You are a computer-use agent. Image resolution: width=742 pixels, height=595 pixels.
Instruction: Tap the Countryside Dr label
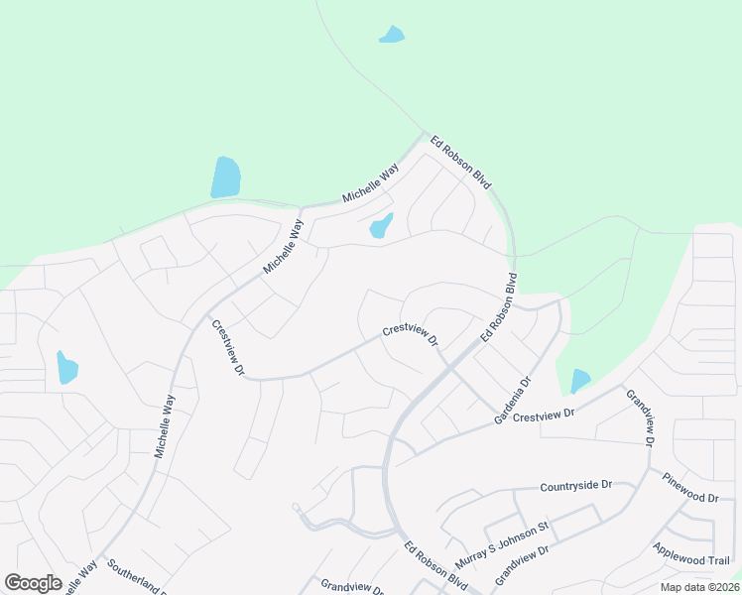coord(576,486)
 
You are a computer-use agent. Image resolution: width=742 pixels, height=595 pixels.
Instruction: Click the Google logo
coord(33,583)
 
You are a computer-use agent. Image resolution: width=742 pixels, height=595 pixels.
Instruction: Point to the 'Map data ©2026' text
coord(698,587)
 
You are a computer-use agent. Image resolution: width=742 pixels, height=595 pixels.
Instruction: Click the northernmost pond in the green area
coord(392,35)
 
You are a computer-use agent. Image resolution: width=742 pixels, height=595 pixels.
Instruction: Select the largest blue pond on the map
coord(225,178)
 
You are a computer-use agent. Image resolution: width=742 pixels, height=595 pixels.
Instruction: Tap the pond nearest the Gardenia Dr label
coord(580,380)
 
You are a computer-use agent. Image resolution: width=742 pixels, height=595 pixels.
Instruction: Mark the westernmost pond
coord(66,367)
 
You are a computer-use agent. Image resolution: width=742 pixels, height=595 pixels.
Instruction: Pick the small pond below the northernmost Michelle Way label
coord(381,226)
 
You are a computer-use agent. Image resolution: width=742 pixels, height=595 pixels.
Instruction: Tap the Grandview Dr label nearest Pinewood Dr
coord(637,416)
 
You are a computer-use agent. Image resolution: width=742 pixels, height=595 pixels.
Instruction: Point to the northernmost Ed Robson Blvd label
coord(461,165)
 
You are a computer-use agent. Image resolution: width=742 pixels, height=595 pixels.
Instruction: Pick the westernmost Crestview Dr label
coord(227,347)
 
